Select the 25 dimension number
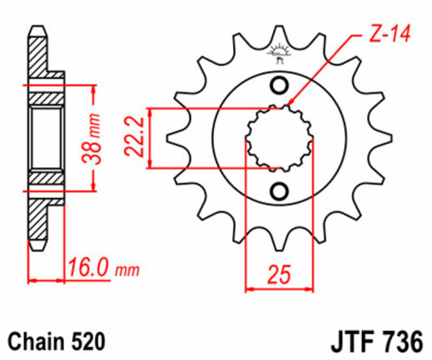[x=279, y=274]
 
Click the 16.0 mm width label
[x=103, y=267]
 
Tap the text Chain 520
[x=55, y=342]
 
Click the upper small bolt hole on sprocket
[x=280, y=85]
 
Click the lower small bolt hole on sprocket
[x=280, y=190]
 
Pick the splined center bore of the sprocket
[x=279, y=138]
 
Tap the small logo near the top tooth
[x=279, y=54]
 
